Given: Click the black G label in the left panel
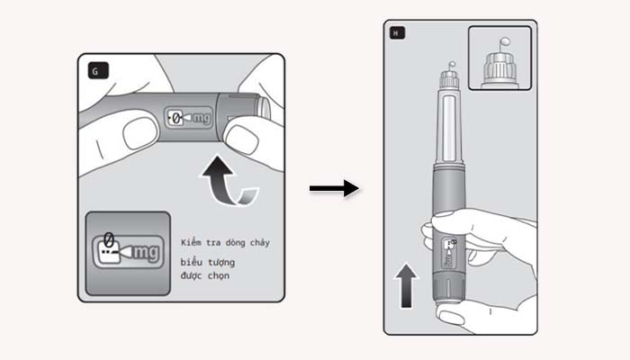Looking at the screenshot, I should [95, 68].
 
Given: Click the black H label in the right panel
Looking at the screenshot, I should [398, 34].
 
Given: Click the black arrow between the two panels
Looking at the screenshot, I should [334, 189].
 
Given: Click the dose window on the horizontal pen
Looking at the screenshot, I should [190, 118].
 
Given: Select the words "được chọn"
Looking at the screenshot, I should [204, 275].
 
